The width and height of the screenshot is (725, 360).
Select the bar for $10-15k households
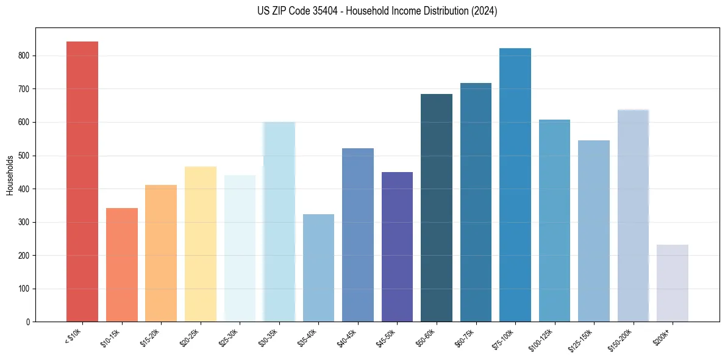pyautogui.click(x=121, y=265)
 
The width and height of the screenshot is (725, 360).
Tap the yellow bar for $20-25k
pyautogui.click(x=200, y=244)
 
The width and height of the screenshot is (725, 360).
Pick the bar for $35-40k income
pyautogui.click(x=318, y=268)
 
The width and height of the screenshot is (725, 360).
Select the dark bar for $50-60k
pyautogui.click(x=437, y=208)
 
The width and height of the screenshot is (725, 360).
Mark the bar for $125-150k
pyautogui.click(x=594, y=231)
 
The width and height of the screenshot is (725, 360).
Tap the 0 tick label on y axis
pyautogui.click(x=27, y=322)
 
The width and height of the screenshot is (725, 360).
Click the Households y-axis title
pyautogui.click(x=10, y=175)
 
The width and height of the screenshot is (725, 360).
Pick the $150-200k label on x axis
pyautogui.click(x=624, y=340)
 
